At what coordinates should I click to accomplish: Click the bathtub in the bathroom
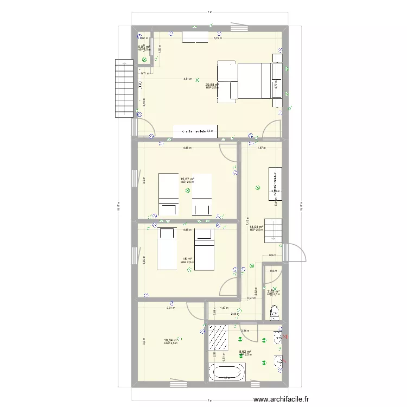[x=227, y=373]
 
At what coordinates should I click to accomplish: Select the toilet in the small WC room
[x=275, y=311]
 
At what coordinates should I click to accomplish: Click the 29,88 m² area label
[x=212, y=85]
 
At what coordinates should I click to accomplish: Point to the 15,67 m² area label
[x=187, y=179]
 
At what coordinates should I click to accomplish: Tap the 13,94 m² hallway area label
[x=256, y=227]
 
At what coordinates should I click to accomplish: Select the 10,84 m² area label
[x=171, y=340]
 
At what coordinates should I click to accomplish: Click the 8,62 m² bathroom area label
[x=246, y=352]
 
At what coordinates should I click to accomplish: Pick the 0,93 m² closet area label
[x=144, y=47]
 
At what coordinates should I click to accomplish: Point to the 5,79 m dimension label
[x=217, y=38]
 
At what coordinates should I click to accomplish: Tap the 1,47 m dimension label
[x=222, y=308]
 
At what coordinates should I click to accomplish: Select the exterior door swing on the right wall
[x=296, y=252]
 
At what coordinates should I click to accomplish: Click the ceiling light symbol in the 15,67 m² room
[x=188, y=191]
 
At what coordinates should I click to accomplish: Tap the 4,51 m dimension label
[x=187, y=79]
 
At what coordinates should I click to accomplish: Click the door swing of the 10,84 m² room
[x=193, y=310]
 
